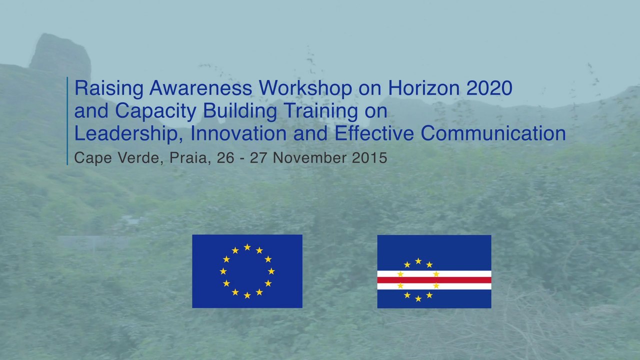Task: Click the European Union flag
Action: (247, 271)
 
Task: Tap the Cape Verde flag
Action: (434, 271)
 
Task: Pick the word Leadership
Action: (129, 134)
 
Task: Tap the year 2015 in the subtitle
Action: (369, 158)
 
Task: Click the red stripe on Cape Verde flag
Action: (434, 280)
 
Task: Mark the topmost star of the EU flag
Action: (247, 247)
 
